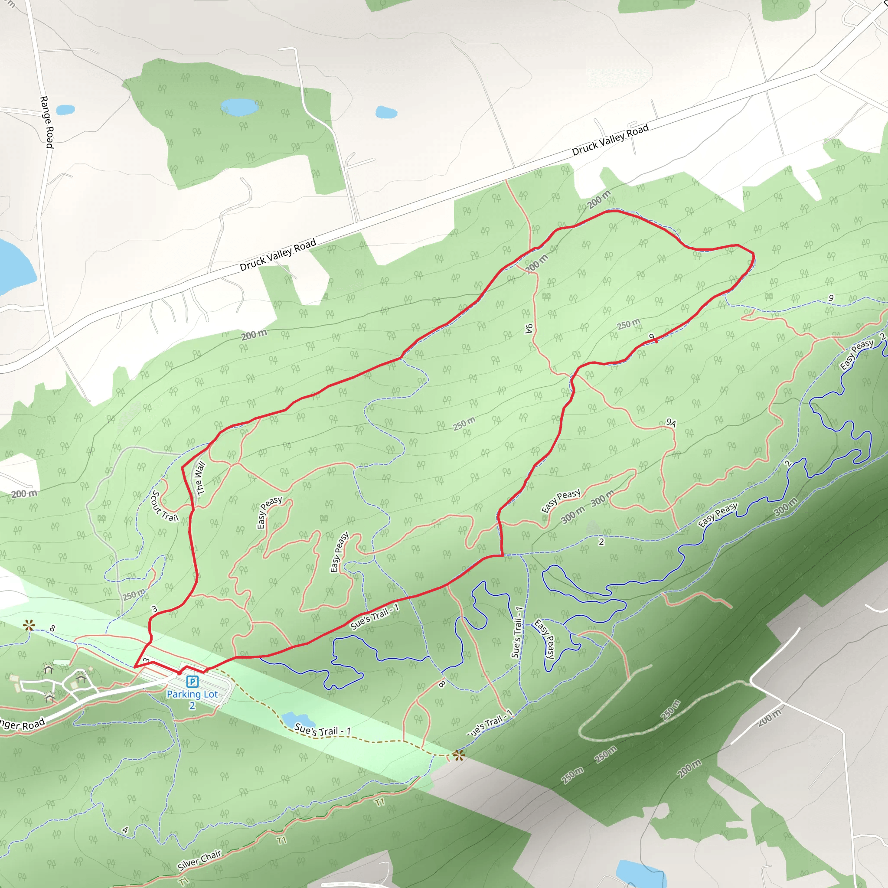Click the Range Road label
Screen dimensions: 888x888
pyautogui.click(x=47, y=122)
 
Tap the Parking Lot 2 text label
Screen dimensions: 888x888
pyautogui.click(x=192, y=699)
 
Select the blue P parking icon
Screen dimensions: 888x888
pyautogui.click(x=192, y=681)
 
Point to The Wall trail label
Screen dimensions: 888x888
pyautogui.click(x=200, y=478)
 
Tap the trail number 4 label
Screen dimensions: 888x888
pyautogui.click(x=125, y=830)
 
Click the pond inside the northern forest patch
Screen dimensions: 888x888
pyautogui.click(x=239, y=107)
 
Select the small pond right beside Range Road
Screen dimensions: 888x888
pyautogui.click(x=65, y=110)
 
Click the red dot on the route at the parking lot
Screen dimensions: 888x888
pyautogui.click(x=179, y=673)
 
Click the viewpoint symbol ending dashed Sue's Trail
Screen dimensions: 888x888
pyautogui.click(x=458, y=755)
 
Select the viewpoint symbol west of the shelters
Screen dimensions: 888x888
pyautogui.click(x=29, y=625)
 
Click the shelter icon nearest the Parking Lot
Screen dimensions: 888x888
pyautogui.click(x=81, y=678)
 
